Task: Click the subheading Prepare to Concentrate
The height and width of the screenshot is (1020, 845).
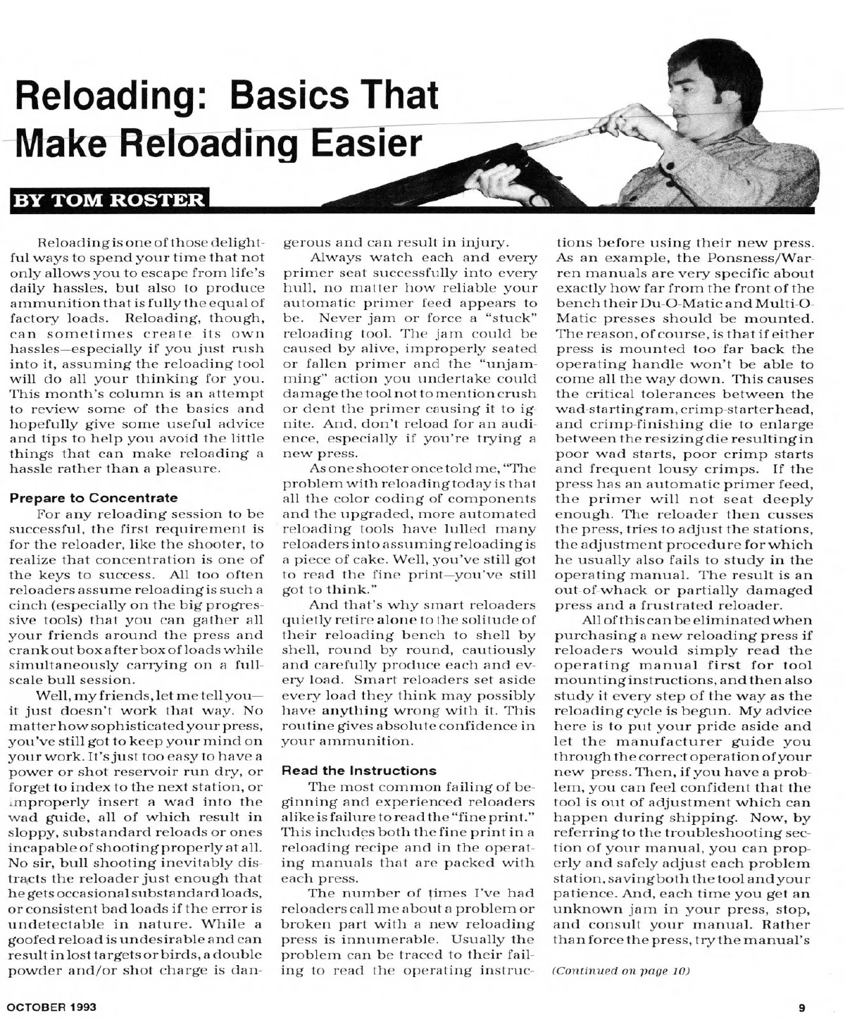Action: coord(94,497)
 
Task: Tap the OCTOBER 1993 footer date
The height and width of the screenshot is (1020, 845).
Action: coord(53,1007)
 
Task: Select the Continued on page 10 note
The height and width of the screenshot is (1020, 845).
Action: coord(620,971)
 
